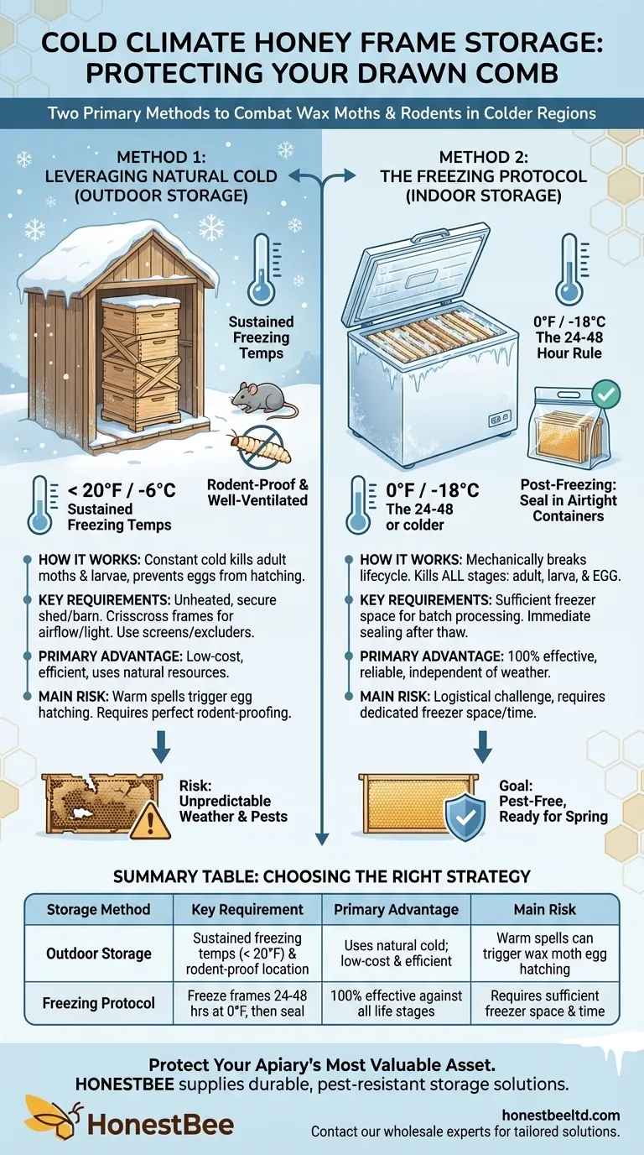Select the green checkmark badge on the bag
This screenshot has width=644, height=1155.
[605, 391]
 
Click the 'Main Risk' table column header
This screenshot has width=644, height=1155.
[544, 909]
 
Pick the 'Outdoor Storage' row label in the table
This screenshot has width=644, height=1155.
[99, 954]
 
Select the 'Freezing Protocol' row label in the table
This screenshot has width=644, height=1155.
[99, 1002]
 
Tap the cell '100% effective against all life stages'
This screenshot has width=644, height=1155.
[396, 1002]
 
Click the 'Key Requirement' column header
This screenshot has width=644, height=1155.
[247, 909]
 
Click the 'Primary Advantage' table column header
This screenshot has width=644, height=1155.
[396, 909]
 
